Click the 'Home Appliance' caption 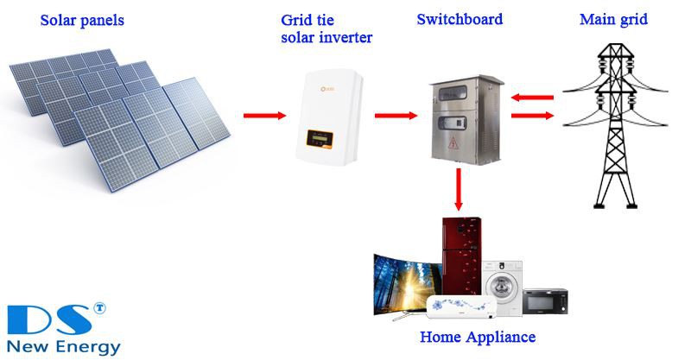(x=477, y=337)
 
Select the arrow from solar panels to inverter (x=264, y=115)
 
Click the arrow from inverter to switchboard (x=395, y=115)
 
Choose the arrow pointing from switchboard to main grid (x=530, y=115)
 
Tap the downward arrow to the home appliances (x=458, y=191)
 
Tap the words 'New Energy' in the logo (x=61, y=345)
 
